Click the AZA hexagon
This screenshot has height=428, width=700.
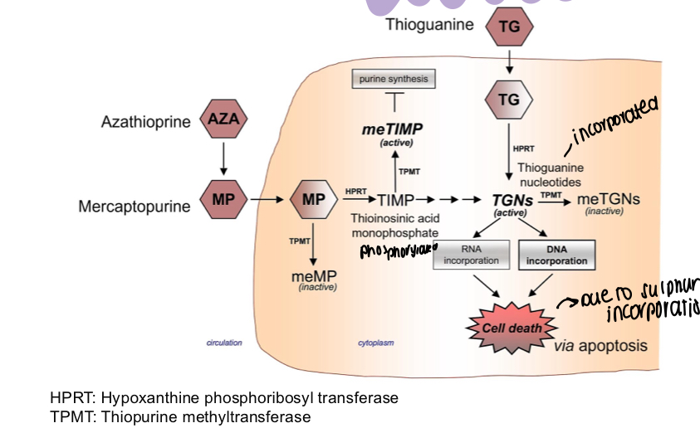click(223, 120)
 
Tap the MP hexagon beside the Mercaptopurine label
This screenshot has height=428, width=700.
click(223, 200)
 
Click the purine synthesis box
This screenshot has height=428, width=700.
click(394, 80)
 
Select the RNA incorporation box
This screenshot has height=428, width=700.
click(470, 255)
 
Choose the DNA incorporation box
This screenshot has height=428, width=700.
click(556, 255)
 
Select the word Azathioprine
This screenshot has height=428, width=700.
click(146, 122)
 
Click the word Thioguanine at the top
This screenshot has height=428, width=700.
click(429, 25)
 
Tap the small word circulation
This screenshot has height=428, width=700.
click(224, 343)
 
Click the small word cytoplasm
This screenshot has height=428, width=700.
click(374, 343)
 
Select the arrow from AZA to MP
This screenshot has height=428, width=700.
click(223, 160)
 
